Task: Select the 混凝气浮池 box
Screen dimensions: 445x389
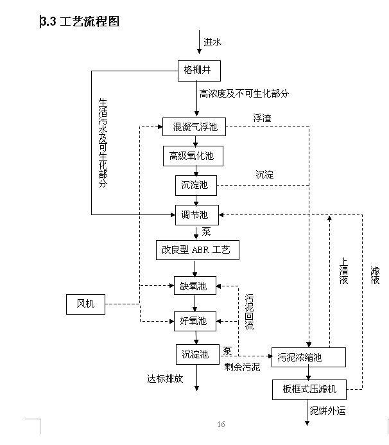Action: point(194,127)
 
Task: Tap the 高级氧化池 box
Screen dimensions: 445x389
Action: point(191,155)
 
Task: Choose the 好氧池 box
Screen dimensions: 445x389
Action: point(195,320)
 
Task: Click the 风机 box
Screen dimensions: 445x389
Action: point(85,304)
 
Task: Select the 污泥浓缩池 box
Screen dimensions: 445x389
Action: point(309,357)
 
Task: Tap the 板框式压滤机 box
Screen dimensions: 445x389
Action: point(309,389)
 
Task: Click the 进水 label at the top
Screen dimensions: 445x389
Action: point(212,42)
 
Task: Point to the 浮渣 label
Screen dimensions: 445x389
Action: point(261,118)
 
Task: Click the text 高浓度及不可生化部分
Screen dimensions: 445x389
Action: point(244,94)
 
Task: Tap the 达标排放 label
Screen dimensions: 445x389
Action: point(165,379)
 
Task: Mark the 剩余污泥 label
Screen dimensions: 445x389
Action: point(242,367)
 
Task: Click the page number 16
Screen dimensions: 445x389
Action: point(221,424)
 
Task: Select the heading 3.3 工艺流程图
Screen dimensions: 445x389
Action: point(80,21)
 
